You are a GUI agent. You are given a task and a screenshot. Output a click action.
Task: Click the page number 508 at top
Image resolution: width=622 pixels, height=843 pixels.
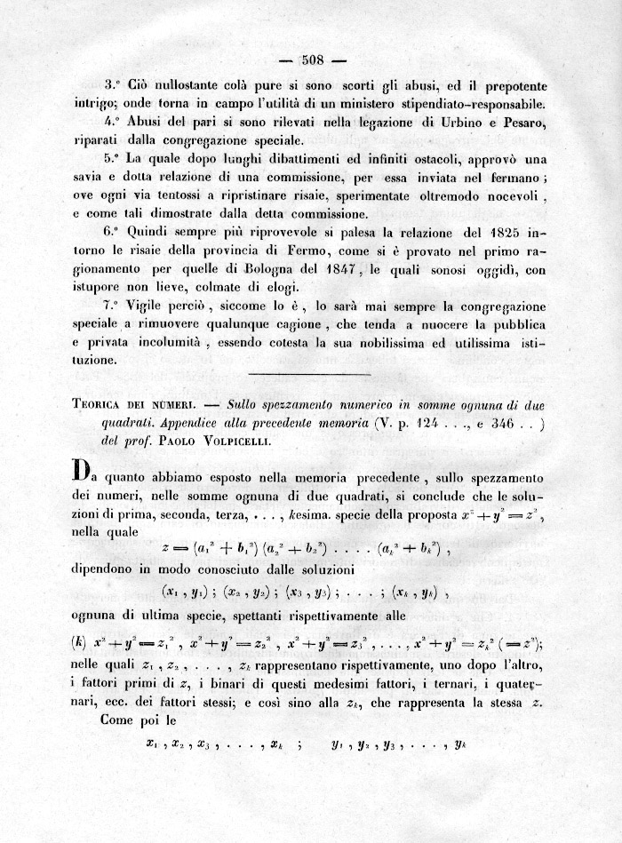(x=311, y=60)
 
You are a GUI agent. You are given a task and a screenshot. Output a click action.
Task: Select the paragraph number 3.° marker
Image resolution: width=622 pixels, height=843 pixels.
(x=113, y=86)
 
